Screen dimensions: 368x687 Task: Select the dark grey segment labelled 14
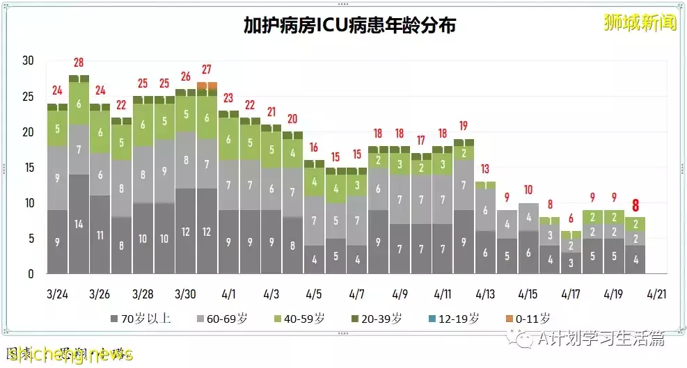[x=79, y=224]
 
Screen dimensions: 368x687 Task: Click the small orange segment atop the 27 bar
[x=207, y=86]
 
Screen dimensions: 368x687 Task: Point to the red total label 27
[x=207, y=70]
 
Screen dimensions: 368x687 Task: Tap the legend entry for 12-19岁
[x=454, y=319]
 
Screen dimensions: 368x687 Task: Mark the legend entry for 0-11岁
[x=528, y=319]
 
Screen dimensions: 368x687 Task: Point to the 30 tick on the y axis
[x=28, y=61]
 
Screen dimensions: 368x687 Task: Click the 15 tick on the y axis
[x=28, y=168]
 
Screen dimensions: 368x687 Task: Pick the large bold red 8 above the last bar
[x=634, y=205]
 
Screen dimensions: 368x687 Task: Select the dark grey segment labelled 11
[x=100, y=234]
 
